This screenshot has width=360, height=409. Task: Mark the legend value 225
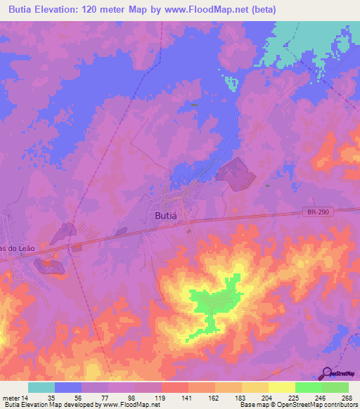(x=295, y=397)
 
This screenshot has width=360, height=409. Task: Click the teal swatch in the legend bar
(x=41, y=387)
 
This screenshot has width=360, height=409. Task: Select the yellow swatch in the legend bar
(x=281, y=387)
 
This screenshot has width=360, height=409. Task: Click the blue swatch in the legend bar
(x=68, y=387)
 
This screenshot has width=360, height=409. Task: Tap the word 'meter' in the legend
(x=10, y=397)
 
